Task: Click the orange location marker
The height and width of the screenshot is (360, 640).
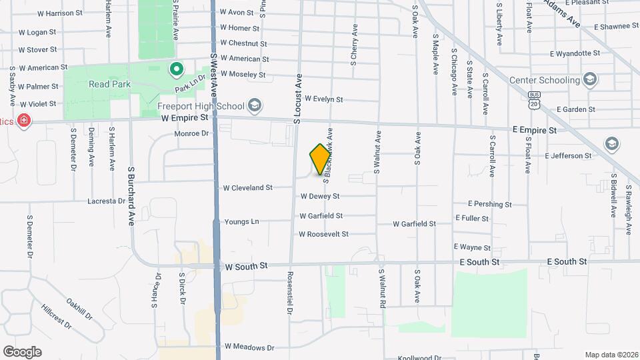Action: (x=320, y=159)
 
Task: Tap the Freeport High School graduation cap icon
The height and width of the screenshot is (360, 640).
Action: (x=253, y=106)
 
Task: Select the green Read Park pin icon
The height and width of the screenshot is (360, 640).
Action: (x=176, y=68)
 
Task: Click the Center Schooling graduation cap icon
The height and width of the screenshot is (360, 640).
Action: (x=589, y=80)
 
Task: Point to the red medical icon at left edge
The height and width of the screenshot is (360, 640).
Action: (x=24, y=121)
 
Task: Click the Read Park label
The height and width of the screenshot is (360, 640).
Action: (x=109, y=85)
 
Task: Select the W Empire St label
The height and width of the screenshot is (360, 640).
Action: (x=185, y=117)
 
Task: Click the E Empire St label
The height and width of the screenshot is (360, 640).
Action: (x=534, y=130)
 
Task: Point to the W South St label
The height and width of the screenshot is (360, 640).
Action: (x=246, y=265)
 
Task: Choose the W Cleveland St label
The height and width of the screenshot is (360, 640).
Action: (x=247, y=188)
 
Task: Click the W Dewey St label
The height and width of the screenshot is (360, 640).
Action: (x=320, y=196)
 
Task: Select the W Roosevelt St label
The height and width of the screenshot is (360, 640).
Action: (x=323, y=234)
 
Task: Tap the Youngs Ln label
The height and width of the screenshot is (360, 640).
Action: (x=241, y=222)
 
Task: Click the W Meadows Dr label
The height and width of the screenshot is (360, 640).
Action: (x=249, y=347)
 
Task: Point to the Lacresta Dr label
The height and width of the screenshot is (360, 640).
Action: (x=107, y=201)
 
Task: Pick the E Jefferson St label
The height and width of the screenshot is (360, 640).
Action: (x=568, y=155)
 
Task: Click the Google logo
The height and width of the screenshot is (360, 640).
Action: (x=22, y=351)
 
